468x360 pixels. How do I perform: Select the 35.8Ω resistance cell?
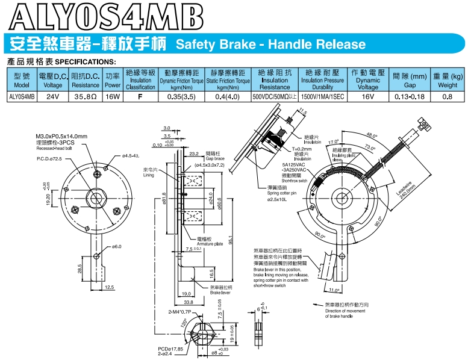[86, 96]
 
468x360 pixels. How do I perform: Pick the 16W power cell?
[113, 96]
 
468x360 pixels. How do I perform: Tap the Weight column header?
[447, 81]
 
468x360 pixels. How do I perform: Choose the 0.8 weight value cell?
[447, 96]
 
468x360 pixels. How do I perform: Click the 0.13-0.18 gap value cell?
[409, 96]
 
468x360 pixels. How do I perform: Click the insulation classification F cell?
[140, 96]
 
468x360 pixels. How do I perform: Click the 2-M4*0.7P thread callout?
[179, 312]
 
